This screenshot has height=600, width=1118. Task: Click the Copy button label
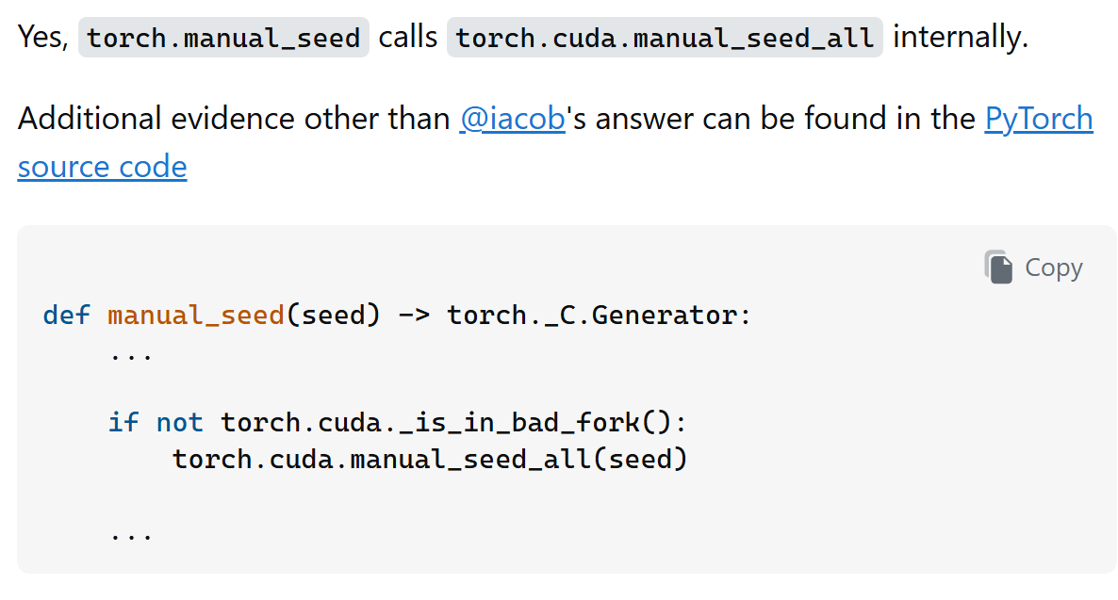pos(1054,268)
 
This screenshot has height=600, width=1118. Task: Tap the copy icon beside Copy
pos(998,267)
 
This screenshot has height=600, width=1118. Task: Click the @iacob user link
pos(512,119)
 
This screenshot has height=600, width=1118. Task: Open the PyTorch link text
pos(1038,119)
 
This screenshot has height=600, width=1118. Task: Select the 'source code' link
pos(102,167)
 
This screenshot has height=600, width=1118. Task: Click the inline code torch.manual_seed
pos(223,38)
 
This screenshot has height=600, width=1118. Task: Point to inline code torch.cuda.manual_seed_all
pos(665,38)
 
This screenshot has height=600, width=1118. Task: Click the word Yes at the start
pos(42,38)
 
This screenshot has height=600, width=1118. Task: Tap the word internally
pos(959,38)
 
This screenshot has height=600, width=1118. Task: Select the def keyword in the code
pos(67,315)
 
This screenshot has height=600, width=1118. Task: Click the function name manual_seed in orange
pos(197,315)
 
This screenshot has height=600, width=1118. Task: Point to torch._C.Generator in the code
pos(599,315)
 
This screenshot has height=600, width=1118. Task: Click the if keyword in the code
pos(123,422)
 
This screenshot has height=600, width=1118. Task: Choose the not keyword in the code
pos(180,422)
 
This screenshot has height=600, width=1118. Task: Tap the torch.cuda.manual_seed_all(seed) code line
pos(430,459)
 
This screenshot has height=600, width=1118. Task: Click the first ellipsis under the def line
pos(131,355)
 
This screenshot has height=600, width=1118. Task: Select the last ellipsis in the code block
pos(131,534)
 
